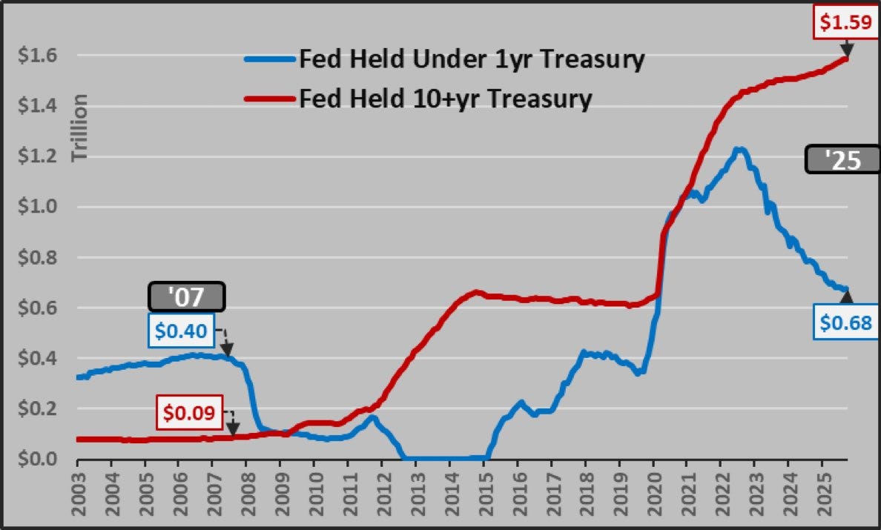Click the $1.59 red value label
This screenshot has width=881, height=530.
tap(845, 22)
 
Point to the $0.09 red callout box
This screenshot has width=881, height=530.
tap(190, 412)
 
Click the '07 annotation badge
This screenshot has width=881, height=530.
tap(186, 297)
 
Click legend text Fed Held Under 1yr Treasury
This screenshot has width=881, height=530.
tap(471, 60)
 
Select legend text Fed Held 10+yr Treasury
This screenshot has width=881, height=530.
tap(445, 98)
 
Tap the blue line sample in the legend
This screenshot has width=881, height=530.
tap(270, 60)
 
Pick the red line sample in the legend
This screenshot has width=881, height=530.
tap(270, 98)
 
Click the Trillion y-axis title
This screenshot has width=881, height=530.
tap(79, 128)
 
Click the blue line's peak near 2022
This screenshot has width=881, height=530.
tap(738, 150)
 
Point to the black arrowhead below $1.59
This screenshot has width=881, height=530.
tap(845, 50)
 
